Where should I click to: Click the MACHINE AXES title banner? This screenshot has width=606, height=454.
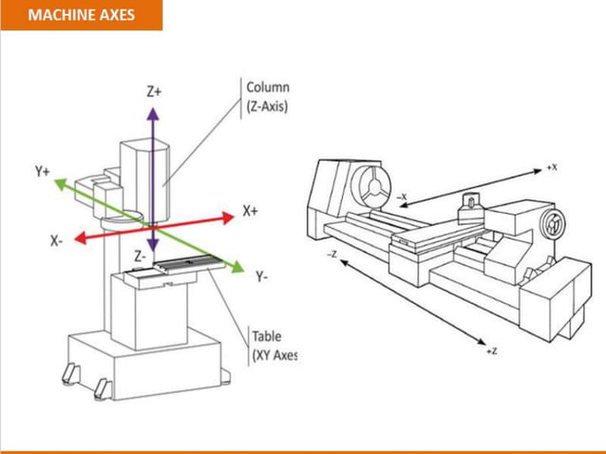(81, 15)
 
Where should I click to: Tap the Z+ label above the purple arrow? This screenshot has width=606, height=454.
(154, 92)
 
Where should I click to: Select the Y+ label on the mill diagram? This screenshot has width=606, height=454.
(43, 172)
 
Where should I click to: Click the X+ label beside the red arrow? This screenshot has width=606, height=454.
(251, 210)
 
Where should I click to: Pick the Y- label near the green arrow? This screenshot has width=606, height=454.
(261, 276)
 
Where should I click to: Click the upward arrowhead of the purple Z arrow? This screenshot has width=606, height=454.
(151, 112)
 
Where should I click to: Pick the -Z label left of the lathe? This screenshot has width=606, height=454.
(331, 255)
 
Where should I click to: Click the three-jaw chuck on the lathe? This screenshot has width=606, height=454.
(368, 185)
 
